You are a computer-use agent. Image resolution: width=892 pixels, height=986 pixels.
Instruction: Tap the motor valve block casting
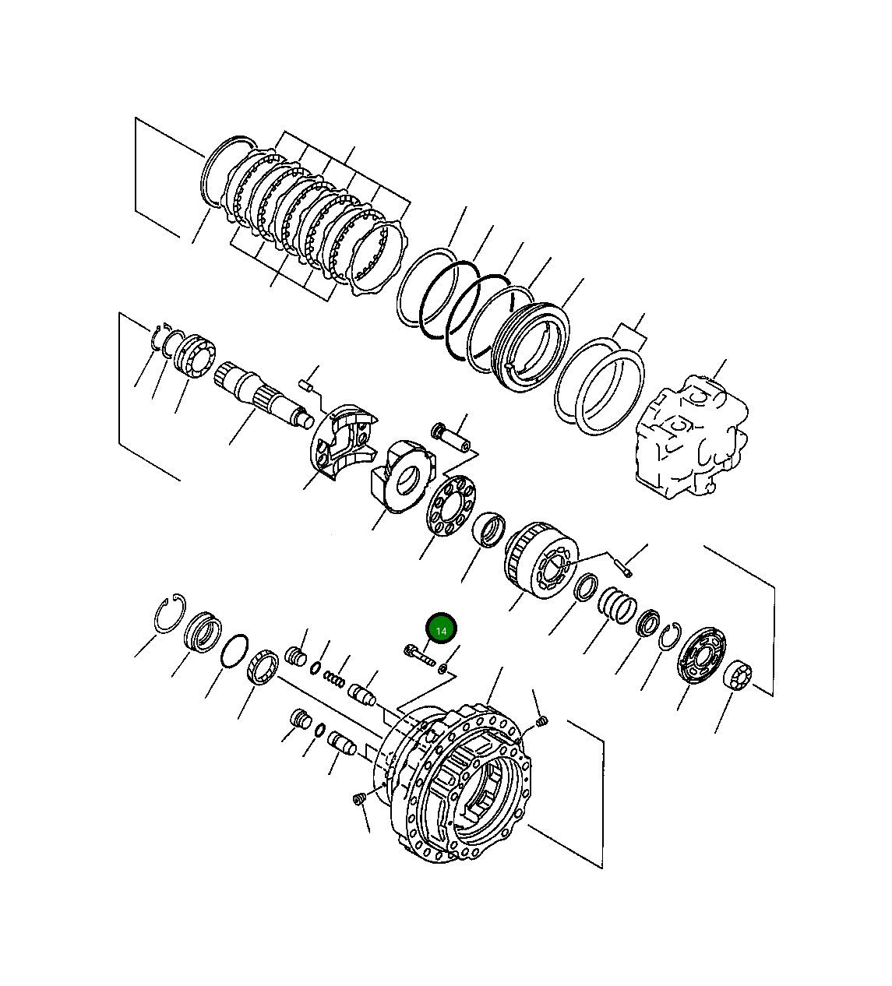[x=690, y=438]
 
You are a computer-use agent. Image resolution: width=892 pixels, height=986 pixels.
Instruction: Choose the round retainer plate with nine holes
[x=450, y=507]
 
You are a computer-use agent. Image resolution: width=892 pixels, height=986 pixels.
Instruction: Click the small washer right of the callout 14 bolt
[x=442, y=667]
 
